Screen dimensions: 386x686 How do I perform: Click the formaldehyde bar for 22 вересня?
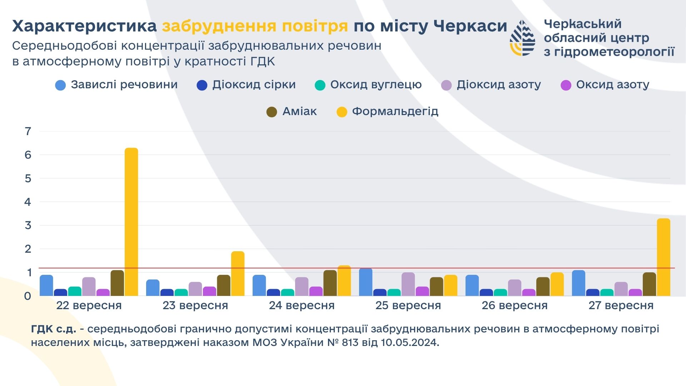(x=131, y=222)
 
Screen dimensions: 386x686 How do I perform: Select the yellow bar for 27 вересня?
(x=663, y=257)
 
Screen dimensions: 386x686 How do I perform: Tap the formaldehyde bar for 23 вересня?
(x=238, y=273)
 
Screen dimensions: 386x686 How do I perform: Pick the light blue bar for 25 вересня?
(x=366, y=282)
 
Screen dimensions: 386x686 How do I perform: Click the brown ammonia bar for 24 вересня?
(x=330, y=283)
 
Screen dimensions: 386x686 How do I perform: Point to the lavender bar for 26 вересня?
(x=514, y=287)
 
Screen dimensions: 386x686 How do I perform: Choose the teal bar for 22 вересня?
(x=75, y=291)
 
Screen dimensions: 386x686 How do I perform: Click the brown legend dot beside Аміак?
(x=272, y=112)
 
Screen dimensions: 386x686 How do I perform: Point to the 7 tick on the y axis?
(x=28, y=131)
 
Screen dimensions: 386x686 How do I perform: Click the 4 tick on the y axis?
(x=28, y=202)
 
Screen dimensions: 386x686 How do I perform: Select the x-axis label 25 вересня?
(x=408, y=306)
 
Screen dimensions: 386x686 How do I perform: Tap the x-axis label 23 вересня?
(x=195, y=306)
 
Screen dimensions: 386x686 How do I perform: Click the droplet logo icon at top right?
(x=522, y=38)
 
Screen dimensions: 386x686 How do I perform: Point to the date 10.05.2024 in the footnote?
(x=409, y=342)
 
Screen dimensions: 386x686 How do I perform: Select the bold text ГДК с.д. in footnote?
(x=54, y=329)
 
